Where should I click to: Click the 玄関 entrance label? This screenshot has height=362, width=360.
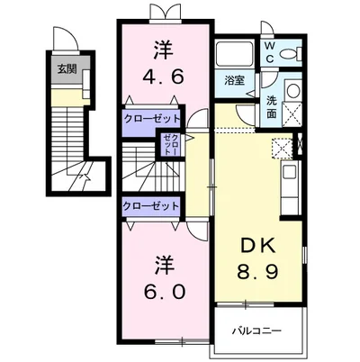pyautogui.click(x=67, y=69)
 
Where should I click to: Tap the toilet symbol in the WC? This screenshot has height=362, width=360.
pyautogui.click(x=290, y=53)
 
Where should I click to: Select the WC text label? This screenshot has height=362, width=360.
pyautogui.click(x=269, y=52)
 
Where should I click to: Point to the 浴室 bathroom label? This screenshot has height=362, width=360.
pyautogui.click(x=235, y=80)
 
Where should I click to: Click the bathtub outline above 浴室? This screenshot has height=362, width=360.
pyautogui.click(x=235, y=53)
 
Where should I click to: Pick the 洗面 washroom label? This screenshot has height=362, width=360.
pyautogui.click(x=271, y=107)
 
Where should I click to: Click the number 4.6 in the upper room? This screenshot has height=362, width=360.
pyautogui.click(x=163, y=77)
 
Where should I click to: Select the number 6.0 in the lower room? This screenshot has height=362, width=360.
pyautogui.click(x=164, y=292)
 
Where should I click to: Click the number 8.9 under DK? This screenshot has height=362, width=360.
pyautogui.click(x=258, y=272)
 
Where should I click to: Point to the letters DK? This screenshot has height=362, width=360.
pyautogui.click(x=258, y=247)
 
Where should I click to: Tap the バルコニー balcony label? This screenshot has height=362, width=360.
pyautogui.click(x=257, y=331)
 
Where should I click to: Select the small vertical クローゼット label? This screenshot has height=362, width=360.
pyautogui.click(x=171, y=144)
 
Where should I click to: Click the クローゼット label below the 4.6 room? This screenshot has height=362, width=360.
pyautogui.click(x=152, y=119)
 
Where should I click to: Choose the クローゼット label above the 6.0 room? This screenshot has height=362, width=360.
pyautogui.click(x=151, y=206)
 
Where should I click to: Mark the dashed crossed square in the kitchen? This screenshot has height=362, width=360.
pyautogui.click(x=282, y=148)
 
